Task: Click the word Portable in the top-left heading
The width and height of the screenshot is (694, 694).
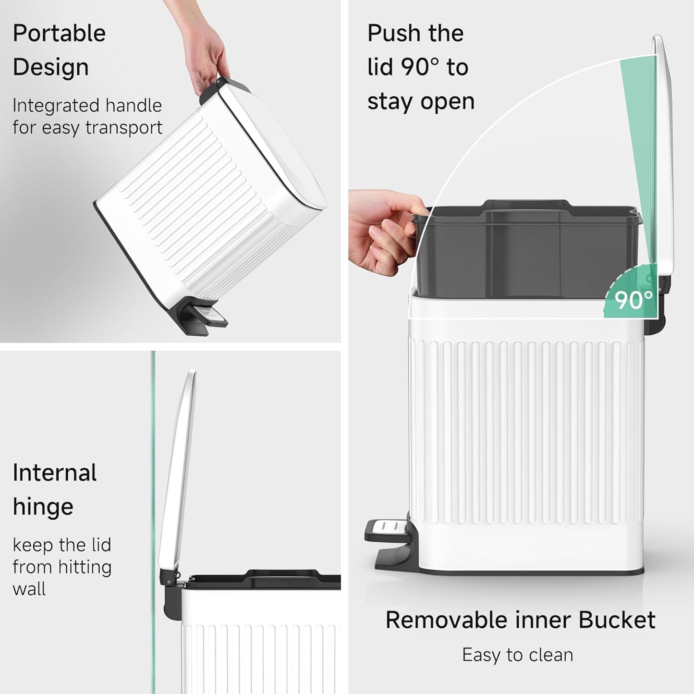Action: (59, 34)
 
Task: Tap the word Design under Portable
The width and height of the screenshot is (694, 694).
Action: (50, 67)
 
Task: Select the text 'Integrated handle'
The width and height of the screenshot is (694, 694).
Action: (87, 106)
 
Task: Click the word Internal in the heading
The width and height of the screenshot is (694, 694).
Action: (54, 473)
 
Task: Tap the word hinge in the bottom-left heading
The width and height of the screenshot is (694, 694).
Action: (43, 507)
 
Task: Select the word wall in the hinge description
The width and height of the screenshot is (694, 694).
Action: (29, 589)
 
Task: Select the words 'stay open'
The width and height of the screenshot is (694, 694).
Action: (421, 101)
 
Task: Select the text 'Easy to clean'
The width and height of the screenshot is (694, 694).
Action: (517, 655)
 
